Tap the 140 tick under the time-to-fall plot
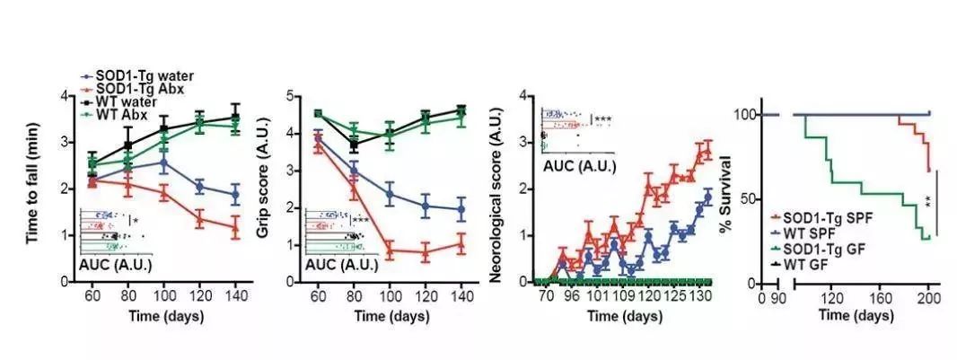tap(235, 294)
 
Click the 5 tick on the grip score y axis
tap(291, 95)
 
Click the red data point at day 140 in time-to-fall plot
tap(235, 227)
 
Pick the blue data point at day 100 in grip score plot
tap(390, 193)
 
